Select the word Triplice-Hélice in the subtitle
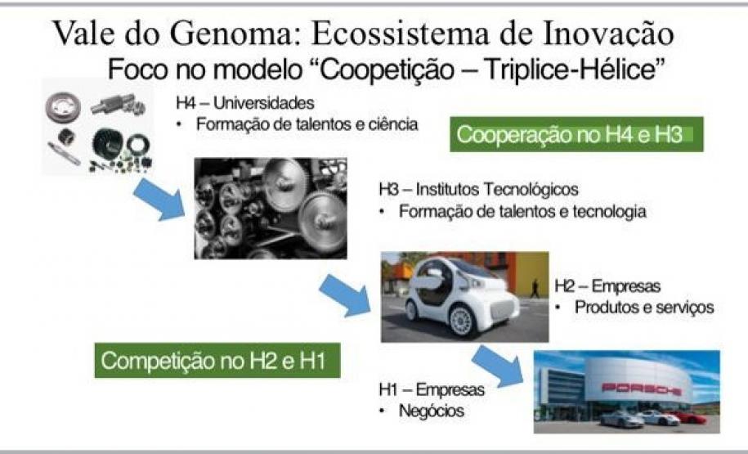coord(571,70)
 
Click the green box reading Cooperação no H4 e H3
coord(576,134)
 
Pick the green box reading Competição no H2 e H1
coord(217,361)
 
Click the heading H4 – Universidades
coord(245,102)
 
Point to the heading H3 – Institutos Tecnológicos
coord(478,189)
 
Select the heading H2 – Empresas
coord(607,286)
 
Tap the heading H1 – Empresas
coord(432,389)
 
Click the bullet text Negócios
coord(432,411)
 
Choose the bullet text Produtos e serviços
coord(644,307)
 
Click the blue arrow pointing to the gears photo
coord(159,199)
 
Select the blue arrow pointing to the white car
coord(344,295)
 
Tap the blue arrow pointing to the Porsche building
coord(497,366)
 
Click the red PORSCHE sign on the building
coord(641,389)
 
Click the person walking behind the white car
coord(535,288)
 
